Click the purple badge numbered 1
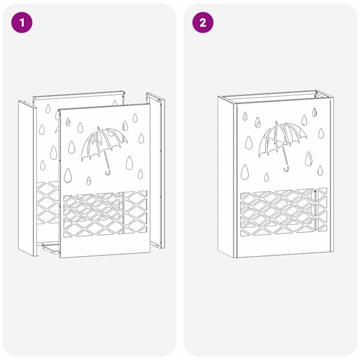pyautogui.click(x=22, y=23)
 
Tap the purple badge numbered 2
pyautogui.click(x=203, y=23)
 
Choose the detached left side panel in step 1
pyautogui.click(x=28, y=178)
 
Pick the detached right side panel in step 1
pyautogui.click(x=156, y=170)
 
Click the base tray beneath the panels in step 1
pyautogui.click(x=50, y=248)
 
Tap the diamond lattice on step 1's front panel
pyautogui.click(x=105, y=214)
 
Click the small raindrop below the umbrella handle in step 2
pyautogui.click(x=266, y=177)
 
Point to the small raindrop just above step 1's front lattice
pyautogui.click(x=89, y=181)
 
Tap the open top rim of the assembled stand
pyautogui.click(x=275, y=97)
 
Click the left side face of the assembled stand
pyautogui.click(x=227, y=177)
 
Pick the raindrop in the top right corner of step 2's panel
pyautogui.click(x=314, y=112)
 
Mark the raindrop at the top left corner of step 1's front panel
pyautogui.click(x=68, y=122)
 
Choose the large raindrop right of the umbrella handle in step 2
pyautogui.click(x=308, y=159)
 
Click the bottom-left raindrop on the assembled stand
pyautogui.click(x=245, y=172)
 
